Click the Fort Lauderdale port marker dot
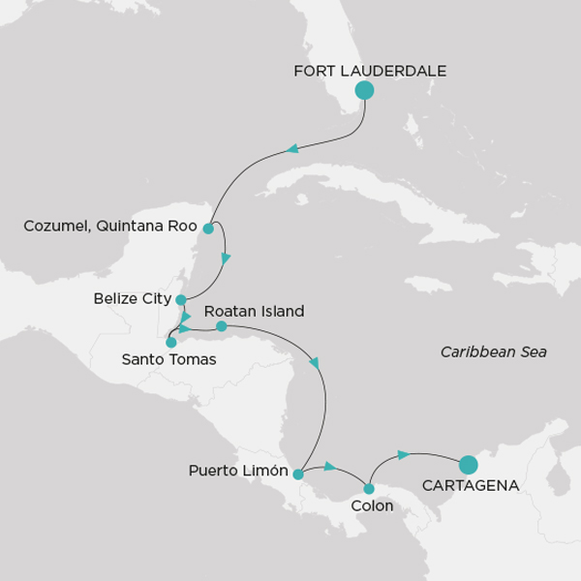coord(364,91)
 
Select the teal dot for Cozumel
coord(208,229)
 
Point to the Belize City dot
coord(181,299)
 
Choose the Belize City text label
coord(133,299)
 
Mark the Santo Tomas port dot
coord(171,342)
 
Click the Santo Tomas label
coord(168,360)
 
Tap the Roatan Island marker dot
coord(221,326)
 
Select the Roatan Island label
coord(255,312)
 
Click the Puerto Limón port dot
coord(298,474)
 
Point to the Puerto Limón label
coord(238,473)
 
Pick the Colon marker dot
coord(369,488)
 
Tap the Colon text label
coord(372,506)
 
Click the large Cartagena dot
coord(468,465)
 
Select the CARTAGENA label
coord(471,485)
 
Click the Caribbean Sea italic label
coord(493,352)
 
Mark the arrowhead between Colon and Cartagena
coord(404,453)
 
